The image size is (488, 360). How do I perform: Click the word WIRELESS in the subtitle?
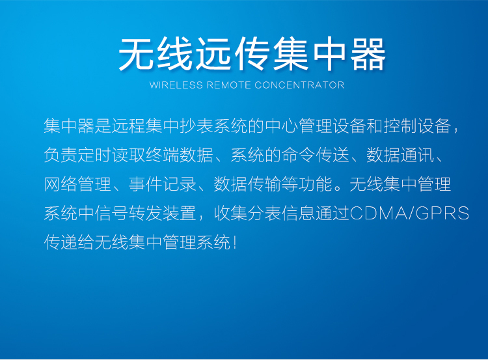(176, 85)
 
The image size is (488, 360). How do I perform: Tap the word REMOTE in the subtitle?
(229, 85)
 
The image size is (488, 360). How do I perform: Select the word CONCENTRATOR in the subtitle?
(299, 85)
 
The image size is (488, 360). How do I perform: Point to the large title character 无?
(137, 54)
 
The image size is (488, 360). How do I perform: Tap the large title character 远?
(213, 54)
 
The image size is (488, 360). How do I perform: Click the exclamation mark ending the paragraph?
(235, 242)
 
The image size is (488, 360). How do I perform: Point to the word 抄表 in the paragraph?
(197, 126)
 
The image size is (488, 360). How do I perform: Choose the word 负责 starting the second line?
(61, 155)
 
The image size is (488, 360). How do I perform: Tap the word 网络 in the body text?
(61, 184)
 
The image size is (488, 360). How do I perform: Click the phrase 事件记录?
(163, 184)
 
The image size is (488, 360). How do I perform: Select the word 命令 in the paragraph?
(299, 155)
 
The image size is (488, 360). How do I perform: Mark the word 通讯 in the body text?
(417, 155)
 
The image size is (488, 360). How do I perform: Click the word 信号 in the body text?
(112, 214)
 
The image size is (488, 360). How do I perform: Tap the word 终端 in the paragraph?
(163, 155)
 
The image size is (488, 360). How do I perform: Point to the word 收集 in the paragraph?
(230, 214)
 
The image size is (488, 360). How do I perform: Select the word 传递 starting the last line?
(61, 242)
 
